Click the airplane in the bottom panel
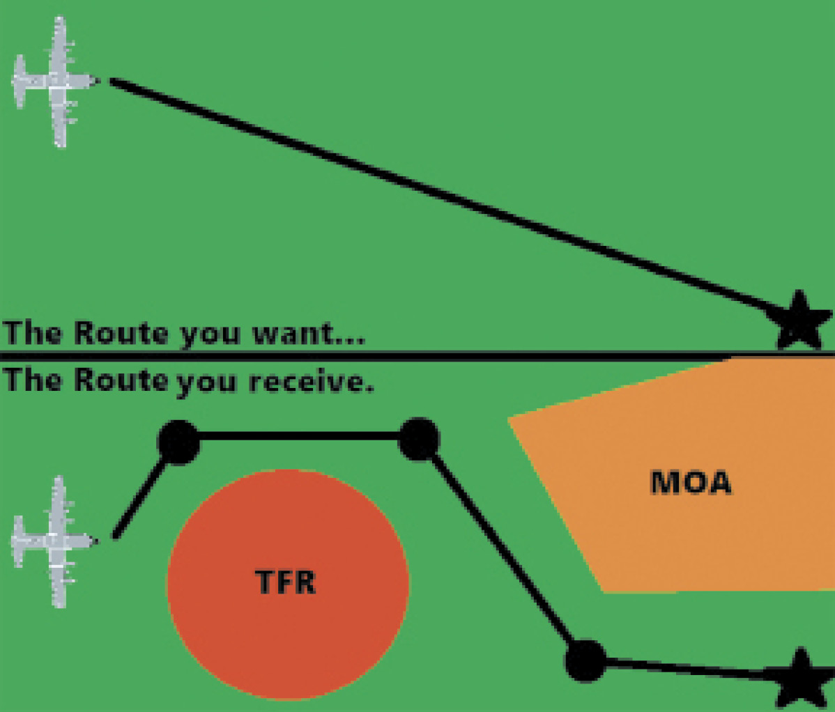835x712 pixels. [x=54, y=541]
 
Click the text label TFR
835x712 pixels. [x=286, y=582]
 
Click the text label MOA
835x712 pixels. [x=691, y=482]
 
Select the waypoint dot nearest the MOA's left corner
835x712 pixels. [x=419, y=439]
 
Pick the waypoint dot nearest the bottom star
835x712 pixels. [x=585, y=660]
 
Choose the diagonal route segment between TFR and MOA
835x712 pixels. [x=502, y=550]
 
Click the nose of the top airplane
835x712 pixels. [x=96, y=82]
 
